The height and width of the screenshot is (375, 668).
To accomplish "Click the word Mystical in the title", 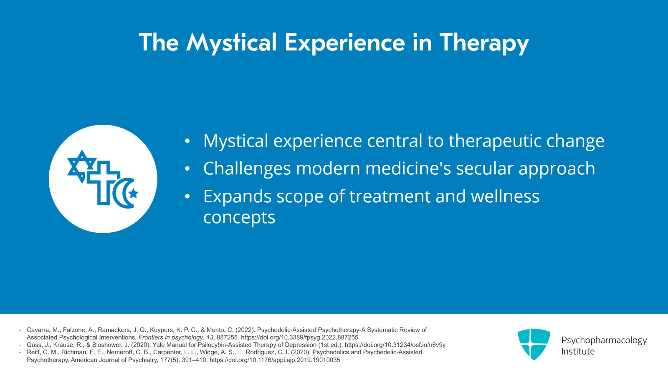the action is [x=231, y=43].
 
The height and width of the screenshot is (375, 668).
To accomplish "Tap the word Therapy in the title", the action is [x=484, y=43].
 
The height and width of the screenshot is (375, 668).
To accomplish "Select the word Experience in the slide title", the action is [x=345, y=42].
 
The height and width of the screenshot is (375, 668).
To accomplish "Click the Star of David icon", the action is [x=82, y=166].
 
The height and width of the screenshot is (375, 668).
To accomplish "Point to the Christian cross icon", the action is [x=103, y=183].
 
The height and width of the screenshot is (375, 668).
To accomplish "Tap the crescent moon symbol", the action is [x=122, y=193].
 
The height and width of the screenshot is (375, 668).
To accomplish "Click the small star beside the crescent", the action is [x=133, y=193].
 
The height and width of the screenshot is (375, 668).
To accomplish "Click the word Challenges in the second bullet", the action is [x=247, y=169].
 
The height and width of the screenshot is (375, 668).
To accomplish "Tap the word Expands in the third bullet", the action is [x=238, y=197].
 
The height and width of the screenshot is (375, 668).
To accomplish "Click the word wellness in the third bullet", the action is [x=503, y=196].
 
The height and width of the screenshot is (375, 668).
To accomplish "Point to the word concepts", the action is [x=239, y=218].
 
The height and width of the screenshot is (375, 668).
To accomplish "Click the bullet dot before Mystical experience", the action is [x=187, y=141].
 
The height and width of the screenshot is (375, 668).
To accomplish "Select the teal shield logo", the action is [x=534, y=344].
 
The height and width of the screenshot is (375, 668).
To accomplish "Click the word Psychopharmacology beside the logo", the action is [x=604, y=340].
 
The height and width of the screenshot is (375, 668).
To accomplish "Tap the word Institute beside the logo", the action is [x=578, y=352].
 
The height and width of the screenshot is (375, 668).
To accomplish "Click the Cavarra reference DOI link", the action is [x=299, y=337].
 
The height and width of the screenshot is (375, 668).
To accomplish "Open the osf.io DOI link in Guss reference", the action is [x=395, y=345].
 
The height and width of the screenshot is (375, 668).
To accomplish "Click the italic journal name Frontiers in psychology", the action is [x=171, y=337].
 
